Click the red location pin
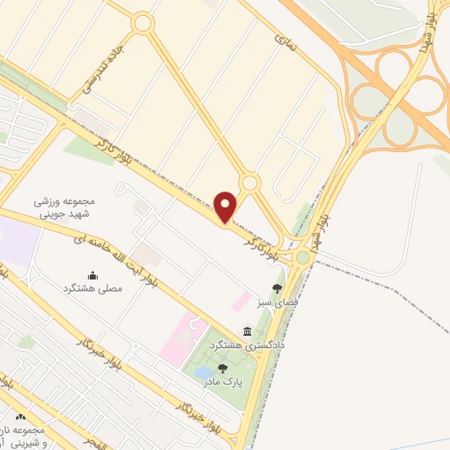pyautogui.click(x=227, y=207)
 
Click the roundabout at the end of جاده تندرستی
pyautogui.click(x=143, y=24)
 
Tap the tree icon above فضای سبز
pyautogui.click(x=277, y=287)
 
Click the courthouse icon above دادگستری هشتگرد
pyautogui.click(x=247, y=331)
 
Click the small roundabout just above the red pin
pyautogui.click(x=250, y=182)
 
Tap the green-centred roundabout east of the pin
pyautogui.click(x=303, y=257)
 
